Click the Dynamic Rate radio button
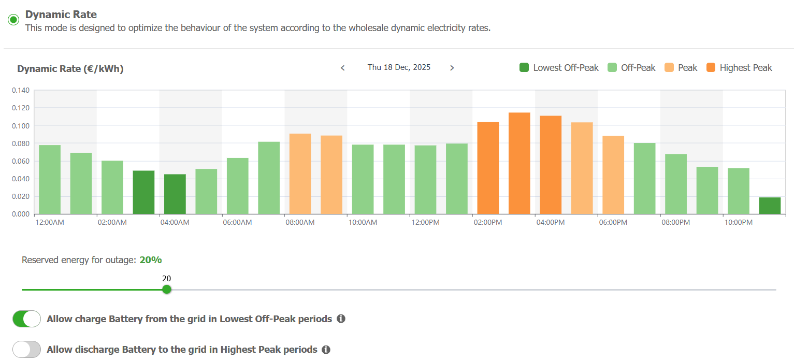13,20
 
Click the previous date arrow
343,68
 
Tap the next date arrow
452,68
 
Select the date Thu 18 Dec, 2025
399,67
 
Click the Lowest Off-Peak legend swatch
524,67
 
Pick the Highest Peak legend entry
739,68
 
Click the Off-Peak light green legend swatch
612,67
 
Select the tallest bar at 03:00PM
519,163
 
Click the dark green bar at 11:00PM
770,206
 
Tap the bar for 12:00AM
50,180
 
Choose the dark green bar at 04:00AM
175,194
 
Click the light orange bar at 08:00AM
300,174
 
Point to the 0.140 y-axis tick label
21,90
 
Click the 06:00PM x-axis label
613,223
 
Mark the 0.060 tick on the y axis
21,161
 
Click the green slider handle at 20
167,290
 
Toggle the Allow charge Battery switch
26,319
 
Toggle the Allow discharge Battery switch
26,350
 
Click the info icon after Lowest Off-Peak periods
341,319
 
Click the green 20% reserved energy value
151,260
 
